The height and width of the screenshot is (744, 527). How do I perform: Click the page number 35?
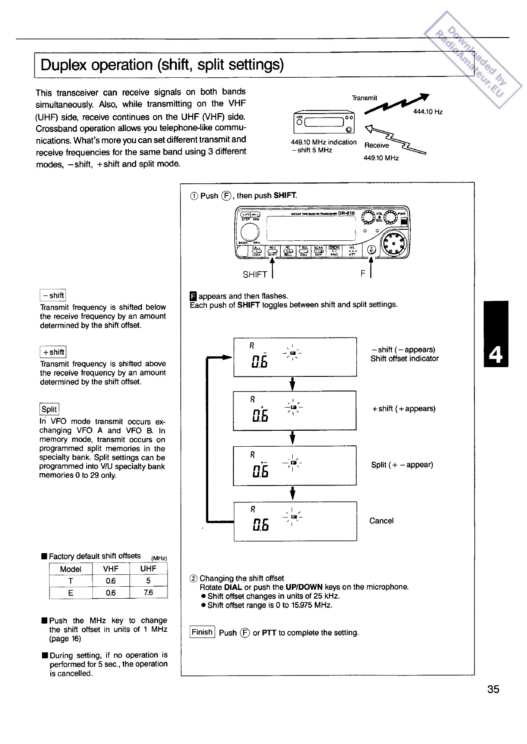click(x=493, y=689)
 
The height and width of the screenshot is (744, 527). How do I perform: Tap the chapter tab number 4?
click(x=496, y=355)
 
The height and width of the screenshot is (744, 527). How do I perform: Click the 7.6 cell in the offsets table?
click(x=148, y=592)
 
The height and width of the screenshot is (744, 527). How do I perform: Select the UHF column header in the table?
click(x=148, y=569)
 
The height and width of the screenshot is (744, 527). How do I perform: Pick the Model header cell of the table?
click(x=71, y=569)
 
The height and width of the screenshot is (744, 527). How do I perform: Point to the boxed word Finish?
click(x=202, y=632)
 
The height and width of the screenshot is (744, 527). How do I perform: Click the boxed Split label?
click(x=49, y=409)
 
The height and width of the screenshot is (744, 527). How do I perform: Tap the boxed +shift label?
click(x=53, y=352)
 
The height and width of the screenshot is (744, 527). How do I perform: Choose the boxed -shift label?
click(x=53, y=295)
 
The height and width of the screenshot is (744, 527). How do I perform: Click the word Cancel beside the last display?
click(x=381, y=521)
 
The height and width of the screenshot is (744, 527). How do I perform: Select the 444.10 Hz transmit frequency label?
click(x=428, y=112)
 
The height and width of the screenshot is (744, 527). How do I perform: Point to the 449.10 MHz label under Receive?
click(x=381, y=158)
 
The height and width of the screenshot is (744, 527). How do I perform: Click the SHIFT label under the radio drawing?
click(x=255, y=274)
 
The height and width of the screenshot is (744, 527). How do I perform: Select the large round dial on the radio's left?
click(x=249, y=231)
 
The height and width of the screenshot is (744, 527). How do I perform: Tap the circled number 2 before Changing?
click(x=193, y=578)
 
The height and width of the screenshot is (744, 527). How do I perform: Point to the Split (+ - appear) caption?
click(x=402, y=465)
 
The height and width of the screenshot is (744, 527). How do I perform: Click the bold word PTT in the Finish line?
click(x=269, y=633)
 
